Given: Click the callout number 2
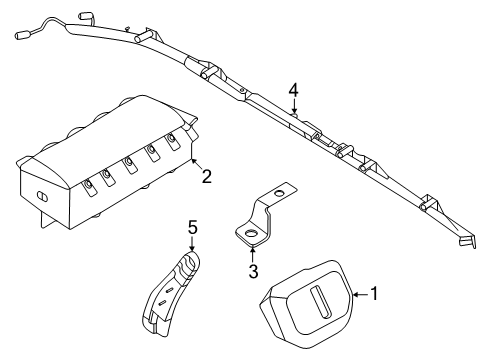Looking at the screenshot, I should click(206, 178).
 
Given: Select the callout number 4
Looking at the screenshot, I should click(294, 91).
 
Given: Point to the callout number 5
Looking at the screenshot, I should click(192, 229).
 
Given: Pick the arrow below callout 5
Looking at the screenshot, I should click(192, 246).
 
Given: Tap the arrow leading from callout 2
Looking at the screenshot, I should click(194, 165).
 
